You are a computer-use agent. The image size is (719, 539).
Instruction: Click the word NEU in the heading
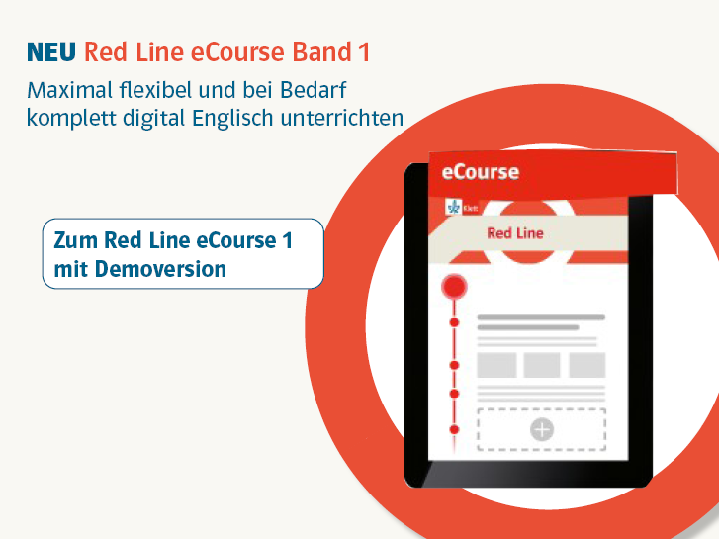(x=51, y=51)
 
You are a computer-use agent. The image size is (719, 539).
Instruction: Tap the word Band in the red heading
(x=321, y=51)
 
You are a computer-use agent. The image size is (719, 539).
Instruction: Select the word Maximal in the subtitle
(x=69, y=90)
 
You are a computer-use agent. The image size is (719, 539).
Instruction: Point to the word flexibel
(x=155, y=90)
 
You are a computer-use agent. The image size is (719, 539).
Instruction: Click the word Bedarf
(x=314, y=90)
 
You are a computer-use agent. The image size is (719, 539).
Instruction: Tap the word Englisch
(x=232, y=118)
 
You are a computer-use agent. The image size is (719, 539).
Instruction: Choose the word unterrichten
(x=342, y=118)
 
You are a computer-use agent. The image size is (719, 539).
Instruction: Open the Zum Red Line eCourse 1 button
(x=183, y=253)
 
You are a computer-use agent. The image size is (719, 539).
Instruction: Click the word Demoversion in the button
(x=160, y=269)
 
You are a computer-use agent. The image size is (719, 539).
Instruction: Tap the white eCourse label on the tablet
(x=481, y=172)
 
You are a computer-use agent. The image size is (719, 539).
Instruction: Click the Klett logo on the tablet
(x=462, y=208)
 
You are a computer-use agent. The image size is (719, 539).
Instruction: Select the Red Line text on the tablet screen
(x=515, y=233)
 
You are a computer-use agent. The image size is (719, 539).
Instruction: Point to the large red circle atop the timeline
(x=454, y=287)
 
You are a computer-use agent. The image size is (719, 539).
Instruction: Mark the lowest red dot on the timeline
(x=454, y=430)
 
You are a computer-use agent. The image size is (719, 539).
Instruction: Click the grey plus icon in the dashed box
(x=542, y=430)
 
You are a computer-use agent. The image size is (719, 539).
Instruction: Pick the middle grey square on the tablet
(x=542, y=365)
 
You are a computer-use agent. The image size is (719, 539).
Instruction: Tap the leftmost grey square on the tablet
(x=497, y=365)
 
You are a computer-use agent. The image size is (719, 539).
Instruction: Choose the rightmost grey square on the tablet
(x=587, y=365)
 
